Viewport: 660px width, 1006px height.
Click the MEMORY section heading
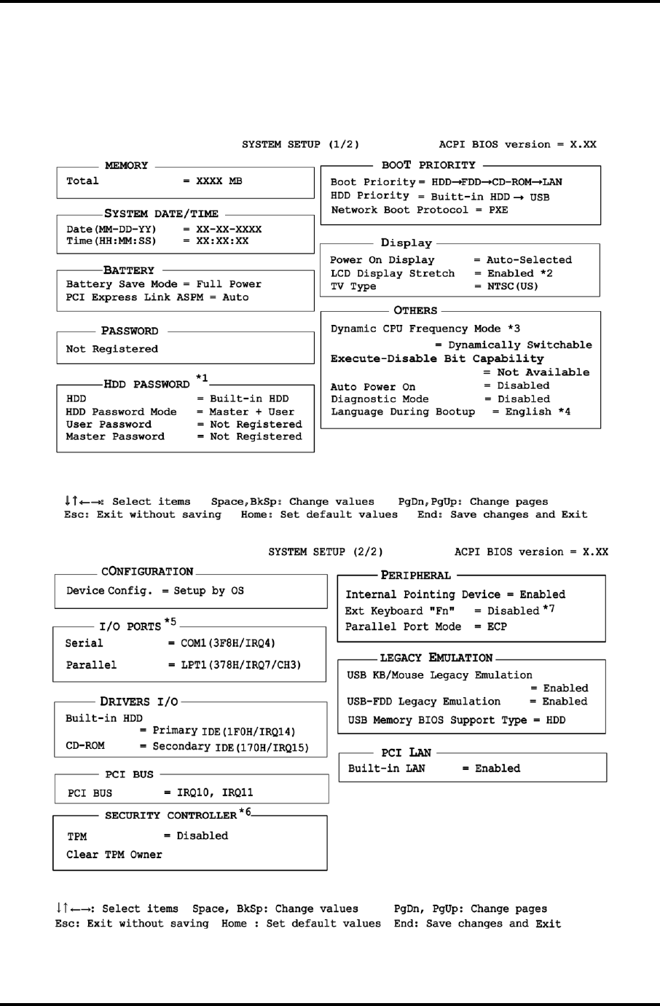pos(126,165)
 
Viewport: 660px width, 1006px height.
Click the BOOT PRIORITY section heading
pos(428,165)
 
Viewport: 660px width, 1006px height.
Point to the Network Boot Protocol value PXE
pos(498,211)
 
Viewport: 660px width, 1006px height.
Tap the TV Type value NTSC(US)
pos(513,287)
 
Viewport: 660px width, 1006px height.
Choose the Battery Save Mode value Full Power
pos(229,285)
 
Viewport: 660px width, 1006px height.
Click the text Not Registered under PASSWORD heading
pos(111,350)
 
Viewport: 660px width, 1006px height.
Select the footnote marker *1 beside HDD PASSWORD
pos(202,378)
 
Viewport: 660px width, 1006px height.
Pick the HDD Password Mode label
pos(121,412)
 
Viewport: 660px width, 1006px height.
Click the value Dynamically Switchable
pos(520,345)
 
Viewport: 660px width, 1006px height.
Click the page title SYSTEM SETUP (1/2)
pos(300,145)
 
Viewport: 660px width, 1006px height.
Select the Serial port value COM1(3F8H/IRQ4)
pos(228,644)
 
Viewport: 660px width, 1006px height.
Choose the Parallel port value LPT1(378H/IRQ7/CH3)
pos(240,665)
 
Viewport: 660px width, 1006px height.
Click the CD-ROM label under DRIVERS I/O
pos(85,747)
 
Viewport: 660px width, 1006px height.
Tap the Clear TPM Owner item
pos(114,855)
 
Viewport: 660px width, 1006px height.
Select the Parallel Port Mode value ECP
pos(498,627)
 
